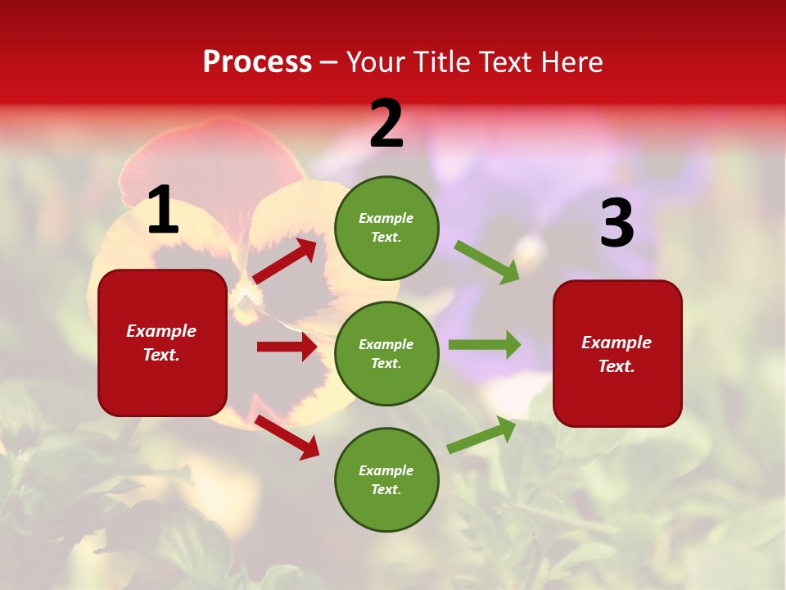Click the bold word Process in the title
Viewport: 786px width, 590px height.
[x=257, y=62]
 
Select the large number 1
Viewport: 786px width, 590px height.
[x=163, y=211]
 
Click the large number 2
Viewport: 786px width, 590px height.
[x=386, y=125]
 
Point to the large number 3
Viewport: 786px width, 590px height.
[x=617, y=223]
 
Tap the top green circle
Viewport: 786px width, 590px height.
[x=386, y=228]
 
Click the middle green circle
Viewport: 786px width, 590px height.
[x=386, y=353]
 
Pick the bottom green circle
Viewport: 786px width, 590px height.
[x=386, y=479]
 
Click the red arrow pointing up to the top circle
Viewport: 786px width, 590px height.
[x=284, y=261]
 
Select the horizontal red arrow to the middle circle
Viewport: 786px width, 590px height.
[x=287, y=347]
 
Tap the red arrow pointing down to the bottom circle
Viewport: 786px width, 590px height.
[x=287, y=437]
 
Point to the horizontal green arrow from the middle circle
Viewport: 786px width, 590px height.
[x=485, y=344]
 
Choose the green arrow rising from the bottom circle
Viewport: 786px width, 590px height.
[x=481, y=434]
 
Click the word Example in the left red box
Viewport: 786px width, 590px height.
[x=161, y=331]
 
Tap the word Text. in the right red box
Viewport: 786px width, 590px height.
[x=617, y=366]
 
